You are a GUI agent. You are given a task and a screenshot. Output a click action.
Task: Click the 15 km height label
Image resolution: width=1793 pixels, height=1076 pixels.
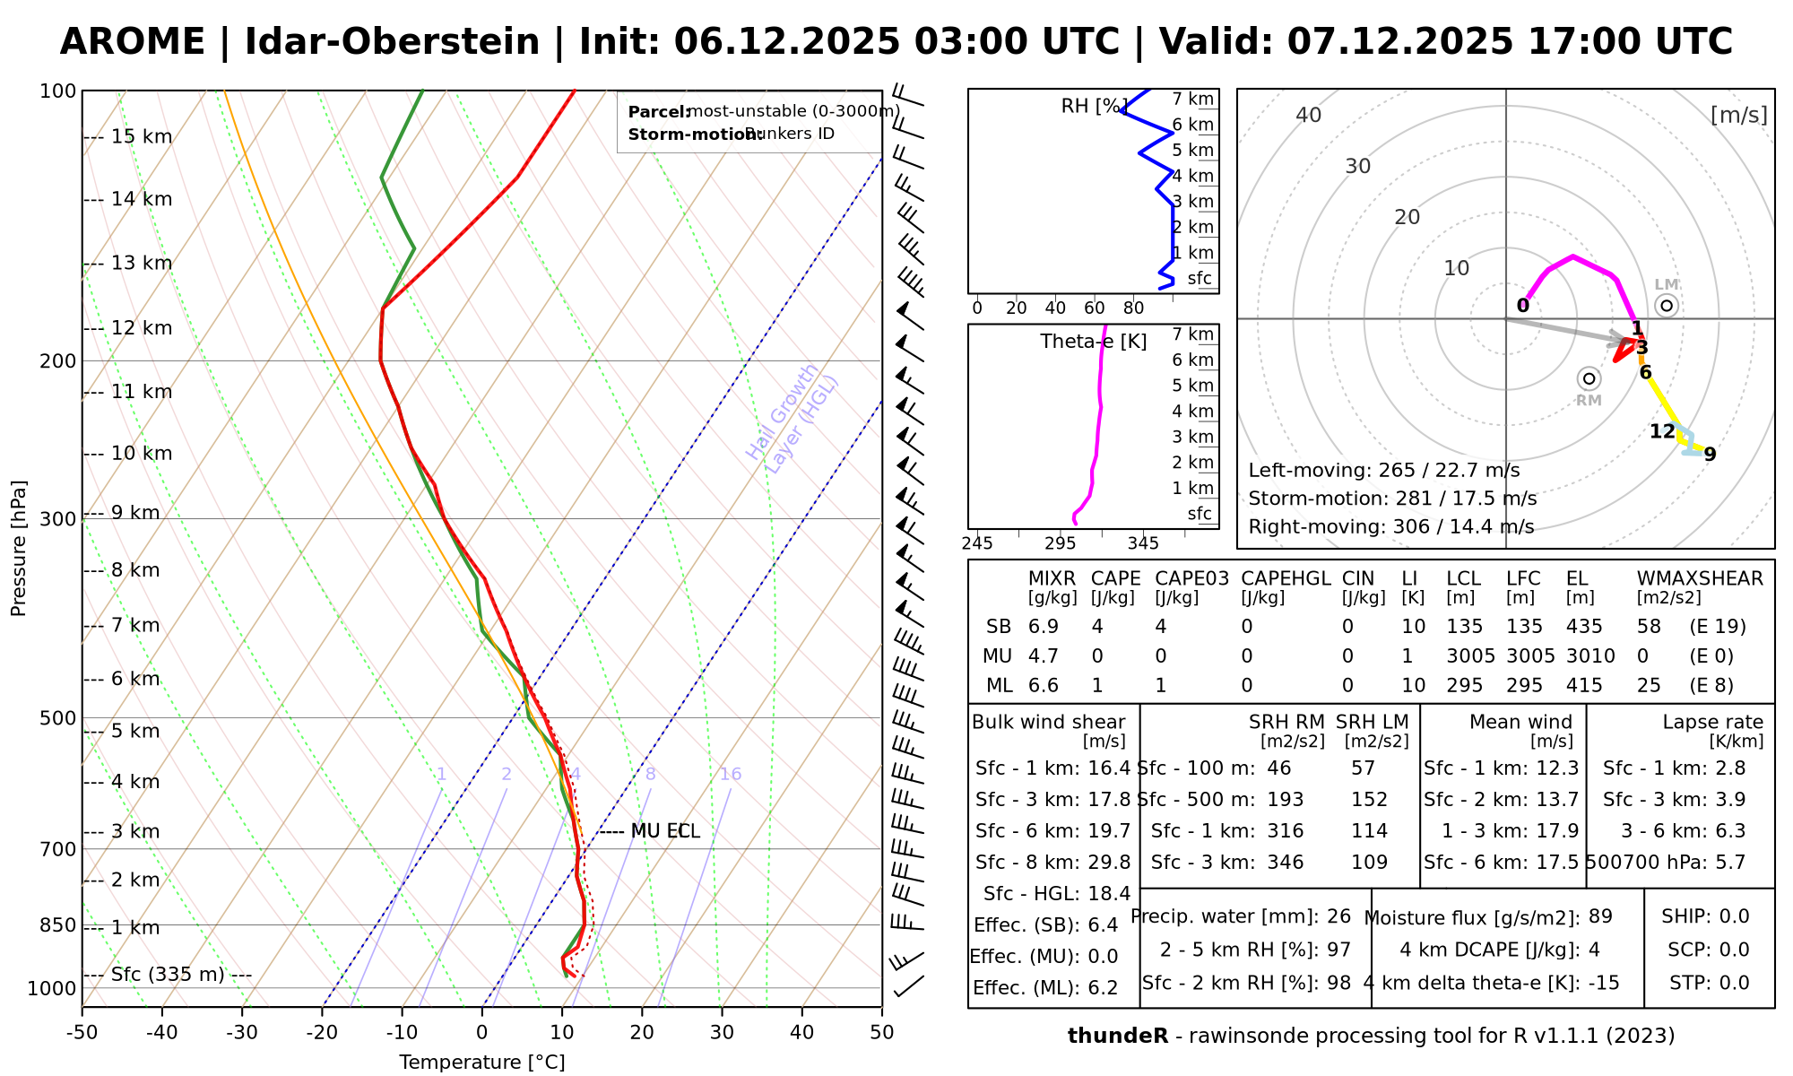(x=142, y=137)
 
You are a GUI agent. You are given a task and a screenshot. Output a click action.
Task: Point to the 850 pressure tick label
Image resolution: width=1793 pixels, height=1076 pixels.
(x=58, y=925)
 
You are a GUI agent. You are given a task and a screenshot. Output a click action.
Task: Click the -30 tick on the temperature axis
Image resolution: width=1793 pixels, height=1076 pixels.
(x=242, y=1033)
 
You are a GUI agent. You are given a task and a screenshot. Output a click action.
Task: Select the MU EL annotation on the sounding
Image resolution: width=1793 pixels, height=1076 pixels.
(x=664, y=832)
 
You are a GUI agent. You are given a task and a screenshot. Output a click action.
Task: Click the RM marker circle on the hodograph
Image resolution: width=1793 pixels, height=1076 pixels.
(x=1589, y=378)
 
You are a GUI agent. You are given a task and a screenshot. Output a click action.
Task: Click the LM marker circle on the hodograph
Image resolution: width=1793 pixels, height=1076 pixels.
(x=1667, y=306)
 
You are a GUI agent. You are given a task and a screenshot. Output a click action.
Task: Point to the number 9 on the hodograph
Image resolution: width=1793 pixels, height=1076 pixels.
(x=1710, y=455)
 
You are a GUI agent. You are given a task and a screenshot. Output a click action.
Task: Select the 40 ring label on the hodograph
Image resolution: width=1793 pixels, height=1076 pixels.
(x=1309, y=115)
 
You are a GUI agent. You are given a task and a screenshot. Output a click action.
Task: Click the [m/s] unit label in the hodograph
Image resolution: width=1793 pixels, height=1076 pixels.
(x=1739, y=115)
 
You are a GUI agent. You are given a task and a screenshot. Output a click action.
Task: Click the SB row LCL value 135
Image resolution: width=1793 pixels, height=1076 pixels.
(x=1465, y=627)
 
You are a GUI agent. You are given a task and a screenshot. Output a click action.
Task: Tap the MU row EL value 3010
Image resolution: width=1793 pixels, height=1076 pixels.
(x=1590, y=656)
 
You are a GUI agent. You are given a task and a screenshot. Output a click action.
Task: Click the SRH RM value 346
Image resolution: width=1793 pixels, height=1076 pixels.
(x=1286, y=863)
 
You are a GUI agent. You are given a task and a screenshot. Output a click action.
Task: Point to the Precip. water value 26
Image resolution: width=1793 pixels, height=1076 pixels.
(x=1338, y=916)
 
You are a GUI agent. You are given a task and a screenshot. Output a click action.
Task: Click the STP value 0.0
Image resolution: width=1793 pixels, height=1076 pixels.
(x=1734, y=983)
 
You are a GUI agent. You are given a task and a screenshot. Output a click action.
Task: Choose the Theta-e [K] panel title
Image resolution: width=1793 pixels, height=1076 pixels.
(x=1093, y=342)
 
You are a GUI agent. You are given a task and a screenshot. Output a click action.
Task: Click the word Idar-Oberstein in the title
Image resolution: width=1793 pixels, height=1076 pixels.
(x=392, y=42)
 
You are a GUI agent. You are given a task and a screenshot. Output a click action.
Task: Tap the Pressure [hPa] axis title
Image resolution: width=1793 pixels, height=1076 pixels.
(x=19, y=548)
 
